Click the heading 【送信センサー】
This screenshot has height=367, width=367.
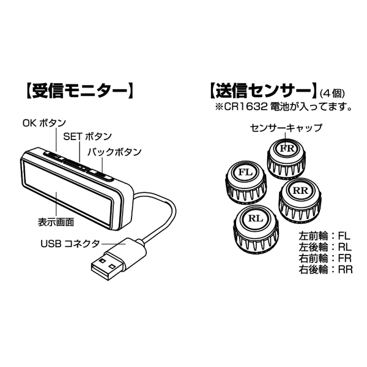tap(262, 92)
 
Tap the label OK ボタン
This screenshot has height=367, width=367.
tap(43, 123)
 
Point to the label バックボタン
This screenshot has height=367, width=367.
tap(114, 151)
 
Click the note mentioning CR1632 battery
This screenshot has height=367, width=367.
tap(282, 108)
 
